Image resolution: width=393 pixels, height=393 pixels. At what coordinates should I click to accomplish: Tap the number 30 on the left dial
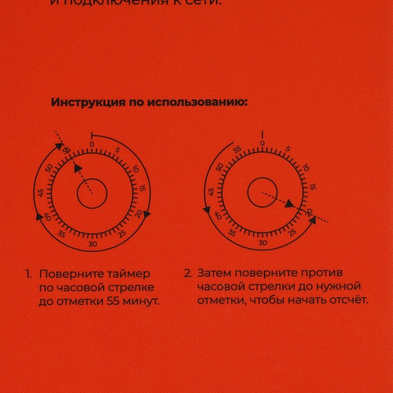pos(93,244)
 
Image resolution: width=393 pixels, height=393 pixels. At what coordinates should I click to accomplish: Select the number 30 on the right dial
pos(263,243)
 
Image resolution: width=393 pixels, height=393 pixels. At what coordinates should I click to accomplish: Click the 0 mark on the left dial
pos(92,144)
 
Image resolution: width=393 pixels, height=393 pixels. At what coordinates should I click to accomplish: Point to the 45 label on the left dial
pos(40,193)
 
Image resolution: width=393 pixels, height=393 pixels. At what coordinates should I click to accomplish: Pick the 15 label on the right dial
pos(313,186)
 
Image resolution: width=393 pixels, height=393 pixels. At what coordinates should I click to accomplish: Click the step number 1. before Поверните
pos(28,274)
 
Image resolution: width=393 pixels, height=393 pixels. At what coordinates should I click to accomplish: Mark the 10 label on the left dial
pos(135,168)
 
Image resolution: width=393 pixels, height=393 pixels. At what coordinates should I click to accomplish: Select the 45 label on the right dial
pos(211,192)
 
